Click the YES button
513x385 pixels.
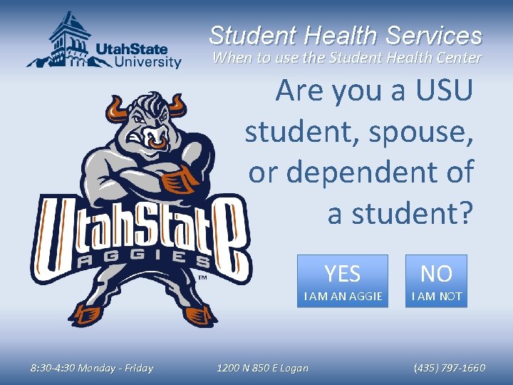[343, 281]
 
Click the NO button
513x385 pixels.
[436, 281]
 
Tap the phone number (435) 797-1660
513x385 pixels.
[449, 368]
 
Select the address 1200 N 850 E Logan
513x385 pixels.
[262, 368]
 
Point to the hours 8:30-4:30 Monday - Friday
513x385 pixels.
[91, 368]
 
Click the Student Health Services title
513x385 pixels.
[346, 35]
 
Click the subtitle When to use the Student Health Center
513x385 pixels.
[347, 58]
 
